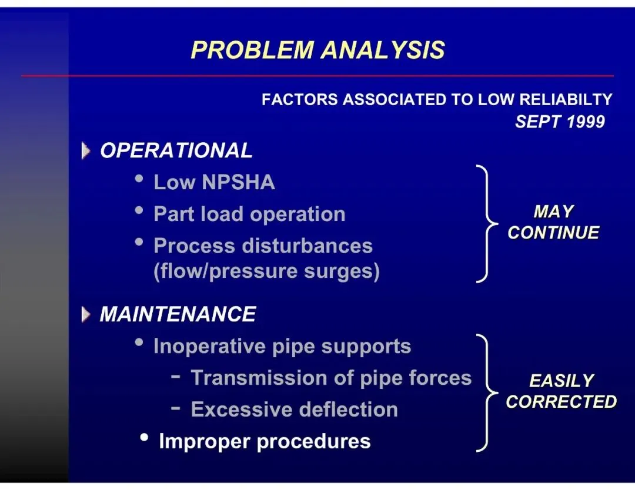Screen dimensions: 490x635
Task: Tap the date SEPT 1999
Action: click(x=560, y=122)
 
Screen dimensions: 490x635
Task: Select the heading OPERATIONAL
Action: click(x=176, y=150)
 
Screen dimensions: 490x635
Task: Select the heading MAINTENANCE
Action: click(x=178, y=314)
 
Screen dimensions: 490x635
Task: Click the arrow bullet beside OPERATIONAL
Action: click(x=86, y=151)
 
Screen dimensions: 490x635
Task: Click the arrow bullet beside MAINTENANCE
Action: click(x=86, y=315)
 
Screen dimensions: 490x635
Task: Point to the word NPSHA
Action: click(x=238, y=182)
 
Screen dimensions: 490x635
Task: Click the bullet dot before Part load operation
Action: click(x=139, y=210)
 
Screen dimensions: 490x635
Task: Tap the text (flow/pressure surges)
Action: click(x=266, y=271)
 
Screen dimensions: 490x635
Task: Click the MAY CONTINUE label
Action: click(x=553, y=222)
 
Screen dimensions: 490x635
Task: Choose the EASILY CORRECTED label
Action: click(x=561, y=391)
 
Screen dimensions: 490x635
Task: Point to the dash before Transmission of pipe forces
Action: click(x=175, y=377)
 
